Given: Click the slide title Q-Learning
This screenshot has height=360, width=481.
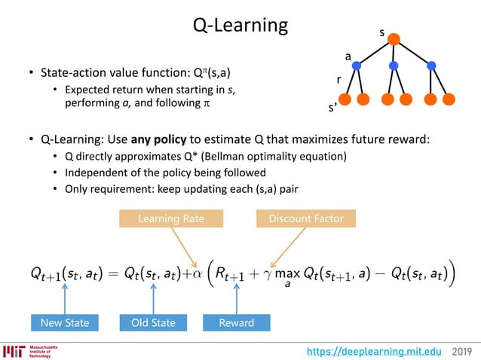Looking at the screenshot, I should pos(240,25).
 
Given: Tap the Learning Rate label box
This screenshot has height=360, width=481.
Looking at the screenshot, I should pos(171,218).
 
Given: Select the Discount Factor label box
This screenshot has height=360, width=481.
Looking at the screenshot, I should pos(300,218).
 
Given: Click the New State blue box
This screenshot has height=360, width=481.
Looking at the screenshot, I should pos(65,322).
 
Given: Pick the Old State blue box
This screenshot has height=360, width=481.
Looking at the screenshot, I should pos(154,322).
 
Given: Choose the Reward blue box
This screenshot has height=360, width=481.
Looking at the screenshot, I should pos(237,322).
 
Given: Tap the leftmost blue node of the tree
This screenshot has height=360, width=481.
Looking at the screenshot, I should pos(357,66).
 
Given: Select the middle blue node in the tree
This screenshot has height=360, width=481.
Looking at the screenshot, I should pos(394,66).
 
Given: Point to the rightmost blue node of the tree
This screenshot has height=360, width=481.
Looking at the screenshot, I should pos(431,66).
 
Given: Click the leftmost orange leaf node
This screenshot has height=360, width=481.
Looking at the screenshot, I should pos(346,99).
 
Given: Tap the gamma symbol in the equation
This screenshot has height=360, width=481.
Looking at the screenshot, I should pos(265,273).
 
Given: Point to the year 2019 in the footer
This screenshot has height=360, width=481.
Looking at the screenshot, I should pos(464,350).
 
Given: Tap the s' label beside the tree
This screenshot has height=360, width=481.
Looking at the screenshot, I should pos(332,108).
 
